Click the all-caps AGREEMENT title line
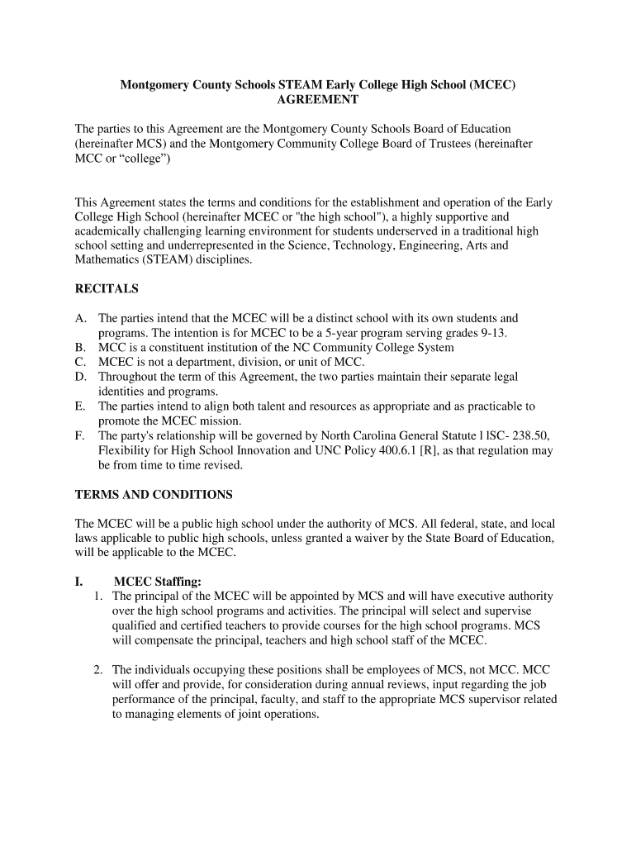pos(318,100)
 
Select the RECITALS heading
pos(107,289)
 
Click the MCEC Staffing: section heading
pos(157,581)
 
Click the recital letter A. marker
pos(81,318)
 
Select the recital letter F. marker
pos(80,435)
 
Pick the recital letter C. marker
pos(81,362)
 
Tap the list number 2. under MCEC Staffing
pos(98,669)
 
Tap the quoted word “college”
pos(142,159)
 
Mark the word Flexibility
pos(125,450)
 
